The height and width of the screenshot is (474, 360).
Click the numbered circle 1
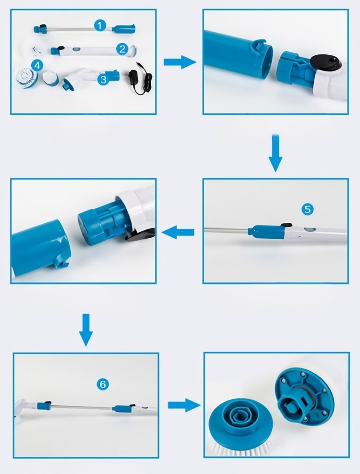pyautogui.click(x=100, y=25)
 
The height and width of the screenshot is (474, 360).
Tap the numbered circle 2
pyautogui.click(x=122, y=49)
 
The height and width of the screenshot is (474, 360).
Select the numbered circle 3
pyautogui.click(x=103, y=80)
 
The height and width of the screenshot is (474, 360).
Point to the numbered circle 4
pyautogui.click(x=37, y=65)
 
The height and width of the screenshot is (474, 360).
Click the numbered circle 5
pyautogui.click(x=307, y=209)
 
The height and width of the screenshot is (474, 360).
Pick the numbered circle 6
pyautogui.click(x=103, y=384)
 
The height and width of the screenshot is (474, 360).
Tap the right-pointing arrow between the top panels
pyautogui.click(x=180, y=62)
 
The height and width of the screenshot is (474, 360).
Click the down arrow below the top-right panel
pyautogui.click(x=276, y=153)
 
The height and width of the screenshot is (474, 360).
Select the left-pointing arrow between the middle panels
pyautogui.click(x=178, y=232)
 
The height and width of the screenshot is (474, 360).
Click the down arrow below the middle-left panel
pyautogui.click(x=86, y=330)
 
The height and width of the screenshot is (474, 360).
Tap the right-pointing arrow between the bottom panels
pyautogui.click(x=184, y=405)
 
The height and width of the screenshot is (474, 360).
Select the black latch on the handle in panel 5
pyautogui.click(x=286, y=225)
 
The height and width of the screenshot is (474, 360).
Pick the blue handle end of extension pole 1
pyautogui.click(x=123, y=29)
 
